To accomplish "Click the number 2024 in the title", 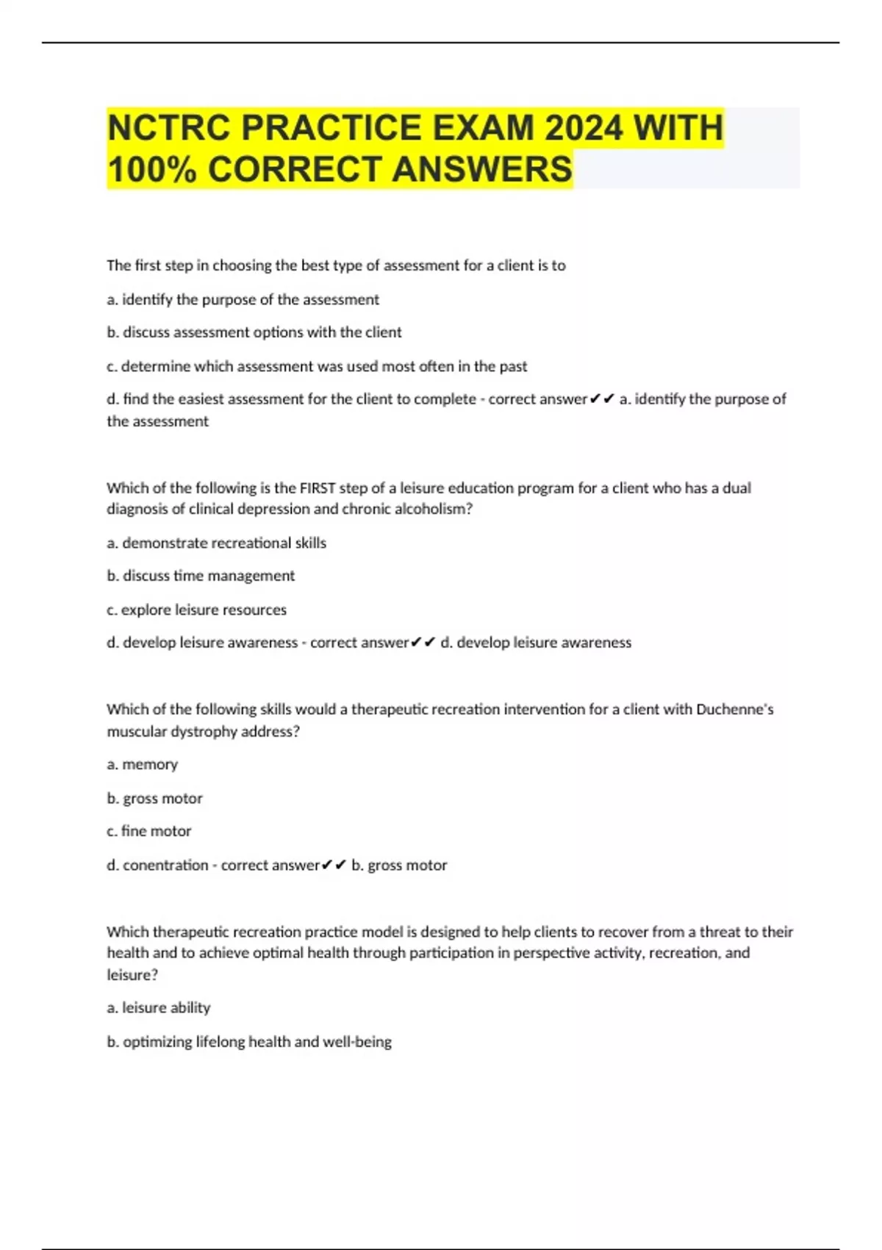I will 583,128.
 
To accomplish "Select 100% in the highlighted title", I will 151,169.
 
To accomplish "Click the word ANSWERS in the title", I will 481,169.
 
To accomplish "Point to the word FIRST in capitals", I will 317,488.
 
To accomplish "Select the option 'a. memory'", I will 143,765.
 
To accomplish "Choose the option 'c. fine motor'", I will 149,831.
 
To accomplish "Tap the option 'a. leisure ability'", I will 159,1008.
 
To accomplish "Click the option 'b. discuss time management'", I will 201,576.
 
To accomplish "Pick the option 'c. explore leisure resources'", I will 196,610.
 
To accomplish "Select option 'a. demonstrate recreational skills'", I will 216,543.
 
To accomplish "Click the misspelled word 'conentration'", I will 165,865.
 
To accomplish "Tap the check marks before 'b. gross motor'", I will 334,865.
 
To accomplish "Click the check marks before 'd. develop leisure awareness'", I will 423,643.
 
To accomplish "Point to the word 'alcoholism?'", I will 435,509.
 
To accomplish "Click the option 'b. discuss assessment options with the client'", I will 254,332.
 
